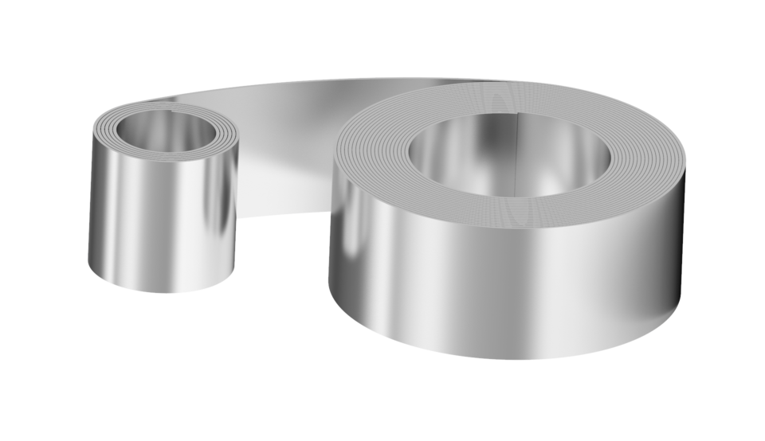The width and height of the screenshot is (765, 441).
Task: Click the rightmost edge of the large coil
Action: [x=683, y=239]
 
